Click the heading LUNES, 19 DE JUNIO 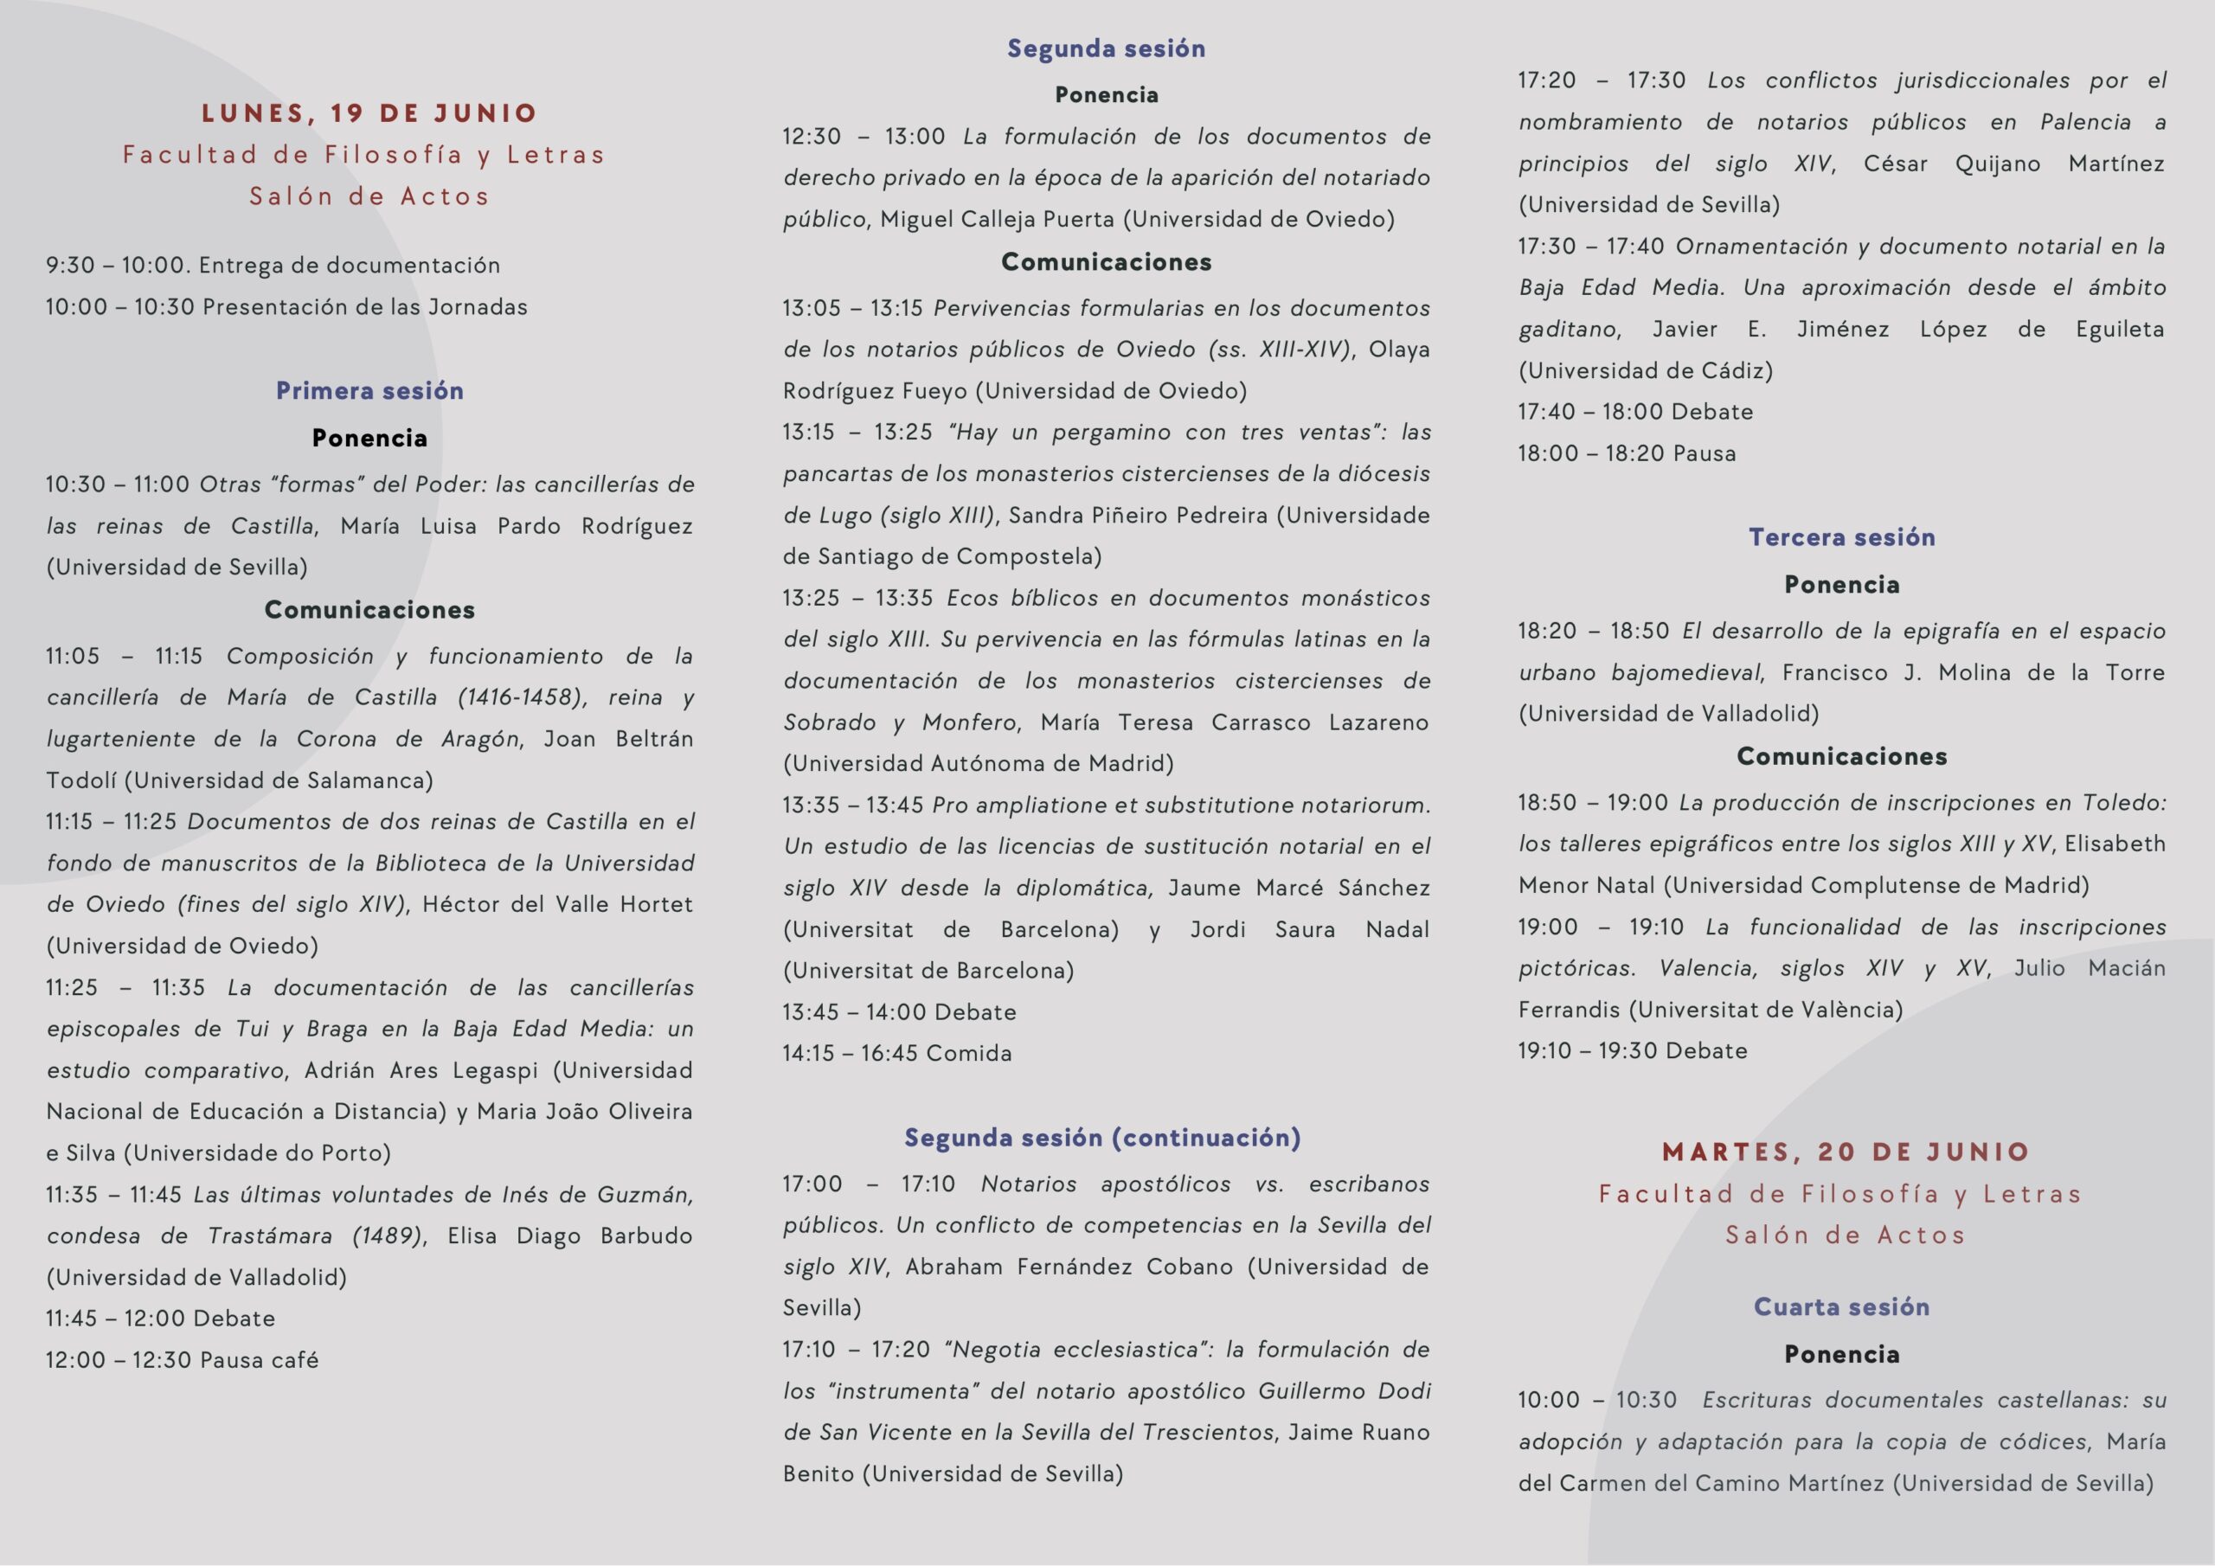point(369,112)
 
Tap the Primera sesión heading point(369,391)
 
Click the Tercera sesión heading point(1842,537)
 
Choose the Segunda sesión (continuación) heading point(1102,1138)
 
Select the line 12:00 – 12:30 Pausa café point(183,1359)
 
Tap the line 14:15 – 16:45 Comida point(897,1053)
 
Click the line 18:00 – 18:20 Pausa point(1627,453)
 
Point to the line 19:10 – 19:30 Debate point(1633,1050)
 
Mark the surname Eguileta point(2120,329)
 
